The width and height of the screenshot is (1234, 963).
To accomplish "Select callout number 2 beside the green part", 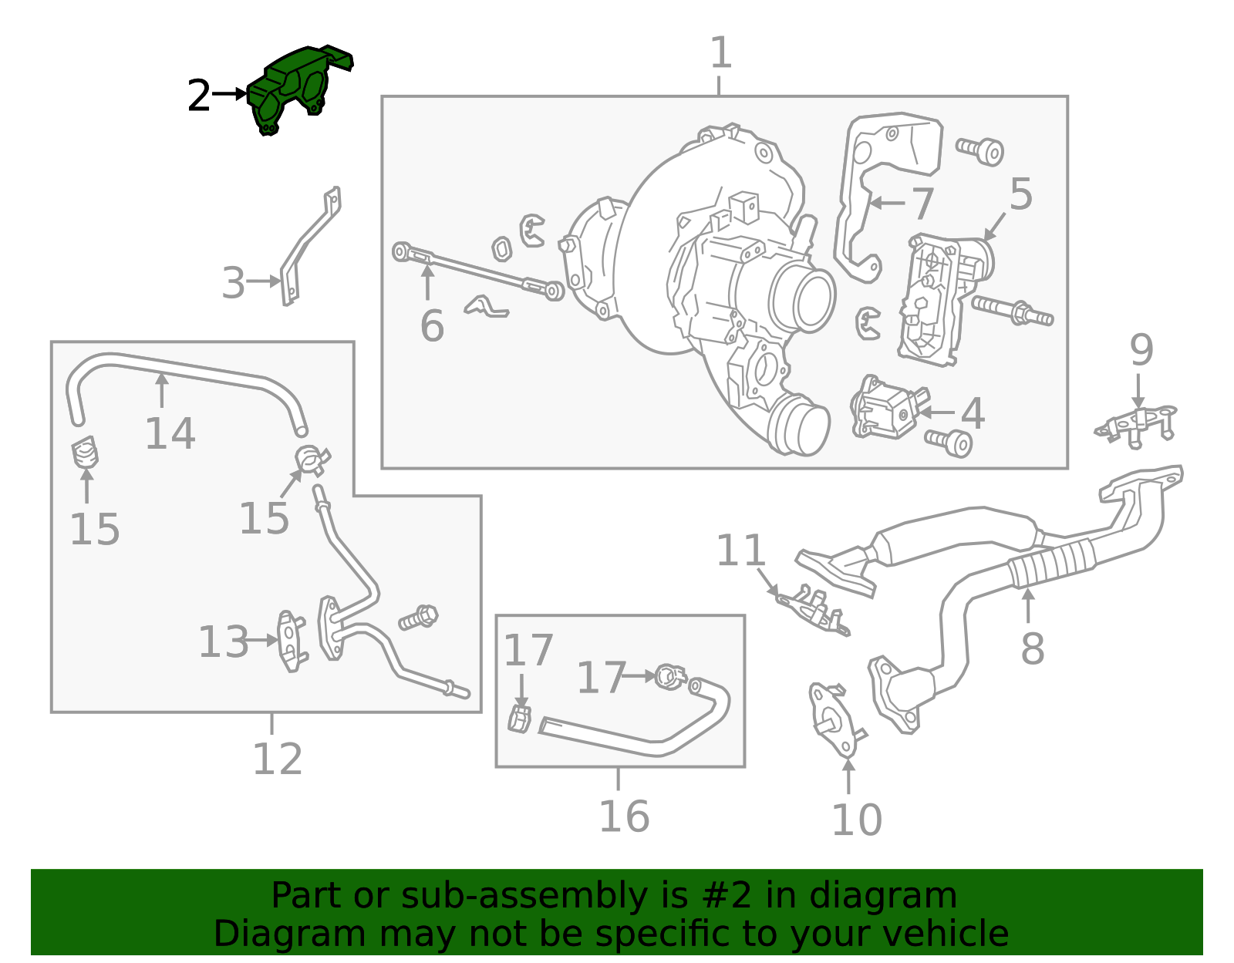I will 199,96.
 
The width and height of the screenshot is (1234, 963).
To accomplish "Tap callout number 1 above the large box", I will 720,54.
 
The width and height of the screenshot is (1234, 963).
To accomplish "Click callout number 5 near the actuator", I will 1020,194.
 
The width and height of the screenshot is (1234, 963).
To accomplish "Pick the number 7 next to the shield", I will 922,204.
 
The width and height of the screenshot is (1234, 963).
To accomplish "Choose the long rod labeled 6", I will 478,271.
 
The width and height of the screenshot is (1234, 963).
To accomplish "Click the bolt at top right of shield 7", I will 981,150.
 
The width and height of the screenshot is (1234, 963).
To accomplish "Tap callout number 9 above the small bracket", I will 1141,351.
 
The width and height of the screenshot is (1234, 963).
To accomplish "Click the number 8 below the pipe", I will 1033,649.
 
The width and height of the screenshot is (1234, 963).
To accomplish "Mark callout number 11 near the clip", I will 740,551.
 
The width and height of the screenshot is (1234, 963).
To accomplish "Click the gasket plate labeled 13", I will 291,640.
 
